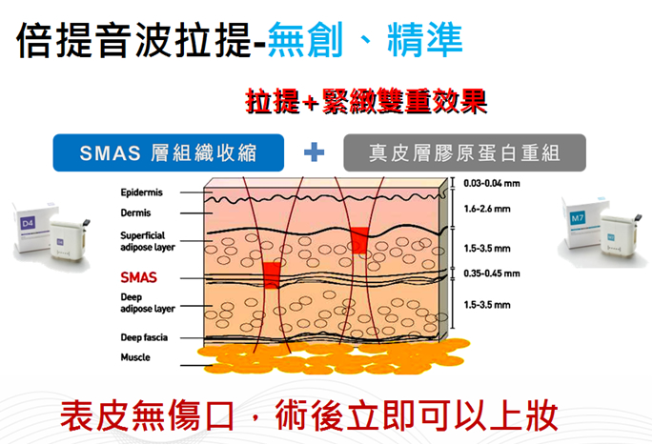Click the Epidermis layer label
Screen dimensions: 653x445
[141, 192]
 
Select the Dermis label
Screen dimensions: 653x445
[135, 212]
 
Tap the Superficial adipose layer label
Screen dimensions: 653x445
[148, 241]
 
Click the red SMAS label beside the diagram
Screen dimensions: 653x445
[138, 277]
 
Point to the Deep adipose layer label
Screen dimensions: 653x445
[148, 303]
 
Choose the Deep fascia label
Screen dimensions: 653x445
[144, 337]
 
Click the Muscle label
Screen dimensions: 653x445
[135, 357]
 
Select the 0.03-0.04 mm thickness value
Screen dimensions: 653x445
[491, 183]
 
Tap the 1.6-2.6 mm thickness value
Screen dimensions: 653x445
[487, 209]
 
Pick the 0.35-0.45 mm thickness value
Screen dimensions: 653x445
[491, 273]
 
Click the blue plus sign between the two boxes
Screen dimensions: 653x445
[314, 152]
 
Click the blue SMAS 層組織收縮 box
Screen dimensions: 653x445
[168, 152]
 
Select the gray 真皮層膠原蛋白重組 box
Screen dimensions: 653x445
[464, 152]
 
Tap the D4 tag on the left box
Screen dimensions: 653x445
[28, 224]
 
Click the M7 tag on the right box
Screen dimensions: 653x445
[577, 218]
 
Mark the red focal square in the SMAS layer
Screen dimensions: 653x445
[272, 275]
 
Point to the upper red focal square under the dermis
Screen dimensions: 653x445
[359, 240]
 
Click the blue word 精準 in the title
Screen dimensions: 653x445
[425, 40]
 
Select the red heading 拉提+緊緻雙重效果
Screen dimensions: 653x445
[366, 101]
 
